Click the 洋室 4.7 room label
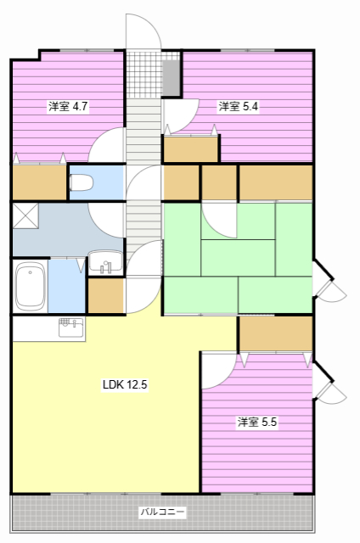pyautogui.click(x=69, y=107)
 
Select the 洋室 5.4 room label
pyautogui.click(x=239, y=107)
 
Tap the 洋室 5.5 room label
pyautogui.click(x=257, y=422)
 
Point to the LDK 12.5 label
pyautogui.click(x=126, y=384)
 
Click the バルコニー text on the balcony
pyautogui.click(x=161, y=512)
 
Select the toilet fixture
pyautogui.click(x=82, y=182)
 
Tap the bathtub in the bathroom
pyautogui.click(x=31, y=285)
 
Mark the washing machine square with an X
pyautogui.click(x=25, y=215)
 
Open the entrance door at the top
pyautogui.click(x=143, y=34)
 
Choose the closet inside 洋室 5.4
pyautogui.click(x=191, y=149)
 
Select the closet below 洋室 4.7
pyautogui.click(x=39, y=182)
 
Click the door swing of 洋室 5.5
pyautogui.click(x=217, y=371)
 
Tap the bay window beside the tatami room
pyautogui.click(x=327, y=280)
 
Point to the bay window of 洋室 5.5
pyautogui.click(x=327, y=382)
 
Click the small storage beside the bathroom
pyautogui.click(x=106, y=295)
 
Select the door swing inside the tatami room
pyautogui.click(x=219, y=220)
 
